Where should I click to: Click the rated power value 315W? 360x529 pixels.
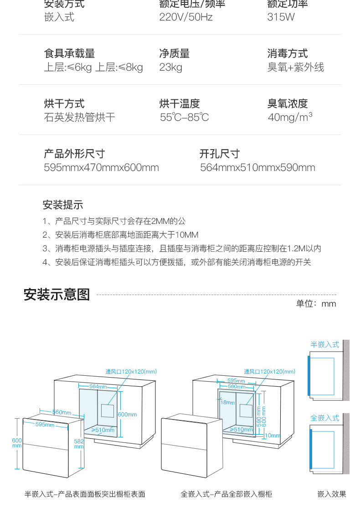click(x=281, y=17)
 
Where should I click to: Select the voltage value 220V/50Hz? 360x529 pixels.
click(x=186, y=17)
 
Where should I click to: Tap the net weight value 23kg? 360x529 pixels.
click(x=170, y=67)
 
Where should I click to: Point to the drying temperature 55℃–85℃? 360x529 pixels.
click(x=184, y=118)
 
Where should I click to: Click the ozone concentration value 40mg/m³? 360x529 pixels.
click(x=290, y=118)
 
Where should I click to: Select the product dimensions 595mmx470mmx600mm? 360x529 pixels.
click(x=101, y=168)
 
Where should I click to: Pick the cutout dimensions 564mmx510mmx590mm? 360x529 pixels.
click(x=257, y=168)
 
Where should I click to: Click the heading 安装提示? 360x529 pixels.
click(x=63, y=205)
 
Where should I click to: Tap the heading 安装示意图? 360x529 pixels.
click(x=57, y=295)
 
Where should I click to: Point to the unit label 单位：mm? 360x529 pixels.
click(x=316, y=304)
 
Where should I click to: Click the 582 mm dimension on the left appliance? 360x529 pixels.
click(x=79, y=444)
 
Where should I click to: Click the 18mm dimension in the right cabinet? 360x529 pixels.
click(x=227, y=403)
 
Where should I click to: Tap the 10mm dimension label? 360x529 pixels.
click(x=273, y=436)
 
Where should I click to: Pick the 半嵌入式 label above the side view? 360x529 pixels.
click(x=325, y=345)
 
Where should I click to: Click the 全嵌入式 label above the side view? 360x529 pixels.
click(x=325, y=418)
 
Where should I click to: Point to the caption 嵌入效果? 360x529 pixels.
click(x=332, y=494)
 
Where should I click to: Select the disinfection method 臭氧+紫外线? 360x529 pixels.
click(x=295, y=67)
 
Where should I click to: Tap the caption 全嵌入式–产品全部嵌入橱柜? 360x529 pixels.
click(x=226, y=494)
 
